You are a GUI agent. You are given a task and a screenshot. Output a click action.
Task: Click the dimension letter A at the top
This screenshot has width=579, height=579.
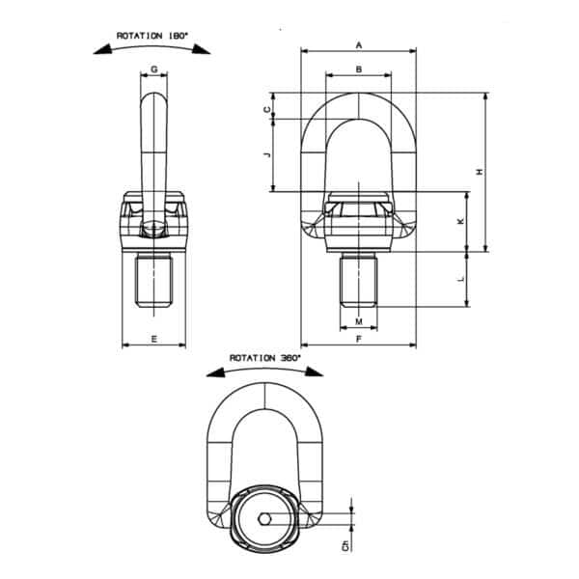click(359, 44)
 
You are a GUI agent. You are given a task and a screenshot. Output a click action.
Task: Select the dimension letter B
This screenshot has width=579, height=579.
click(358, 69)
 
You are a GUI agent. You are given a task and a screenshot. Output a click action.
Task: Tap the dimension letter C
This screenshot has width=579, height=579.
click(266, 110)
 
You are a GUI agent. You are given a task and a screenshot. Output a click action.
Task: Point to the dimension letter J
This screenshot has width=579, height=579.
click(266, 153)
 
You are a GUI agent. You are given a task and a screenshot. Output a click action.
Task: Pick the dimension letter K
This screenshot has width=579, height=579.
click(459, 221)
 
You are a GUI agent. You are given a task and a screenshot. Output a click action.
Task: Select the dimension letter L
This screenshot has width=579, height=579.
click(459, 278)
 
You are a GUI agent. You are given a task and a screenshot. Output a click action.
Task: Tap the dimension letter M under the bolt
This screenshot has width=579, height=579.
click(358, 320)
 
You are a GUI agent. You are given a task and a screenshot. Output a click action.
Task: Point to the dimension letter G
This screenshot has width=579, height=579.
click(154, 69)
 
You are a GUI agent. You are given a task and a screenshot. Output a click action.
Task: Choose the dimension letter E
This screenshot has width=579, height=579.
click(154, 338)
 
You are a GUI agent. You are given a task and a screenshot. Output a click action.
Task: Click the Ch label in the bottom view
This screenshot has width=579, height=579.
click(345, 547)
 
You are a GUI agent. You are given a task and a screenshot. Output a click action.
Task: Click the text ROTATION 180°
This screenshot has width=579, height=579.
click(151, 36)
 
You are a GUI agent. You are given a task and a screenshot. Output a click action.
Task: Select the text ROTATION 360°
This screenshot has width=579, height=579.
click(263, 358)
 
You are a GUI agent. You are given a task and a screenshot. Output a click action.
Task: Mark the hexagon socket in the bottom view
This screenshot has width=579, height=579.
click(264, 522)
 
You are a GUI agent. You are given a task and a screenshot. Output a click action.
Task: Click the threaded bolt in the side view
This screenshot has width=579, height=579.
click(154, 282)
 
